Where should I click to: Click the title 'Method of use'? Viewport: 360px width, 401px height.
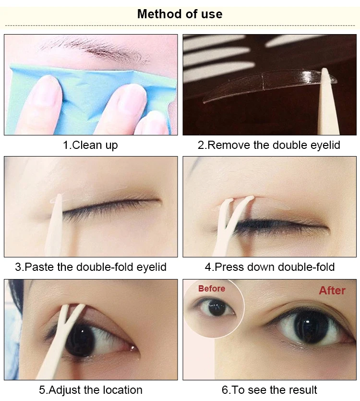[180, 14]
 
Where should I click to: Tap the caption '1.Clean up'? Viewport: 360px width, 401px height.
[90, 145]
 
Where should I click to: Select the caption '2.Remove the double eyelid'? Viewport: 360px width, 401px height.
[269, 145]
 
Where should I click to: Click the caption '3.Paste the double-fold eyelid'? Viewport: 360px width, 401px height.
[91, 267]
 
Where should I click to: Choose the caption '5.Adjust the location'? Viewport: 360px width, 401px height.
[91, 389]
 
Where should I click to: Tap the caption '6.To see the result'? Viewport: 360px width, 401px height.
[269, 389]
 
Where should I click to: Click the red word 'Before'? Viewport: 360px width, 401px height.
[211, 289]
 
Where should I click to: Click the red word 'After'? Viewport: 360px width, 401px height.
[332, 291]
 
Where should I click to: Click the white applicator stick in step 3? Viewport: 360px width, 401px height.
[55, 226]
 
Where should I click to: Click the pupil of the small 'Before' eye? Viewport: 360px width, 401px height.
[217, 308]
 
